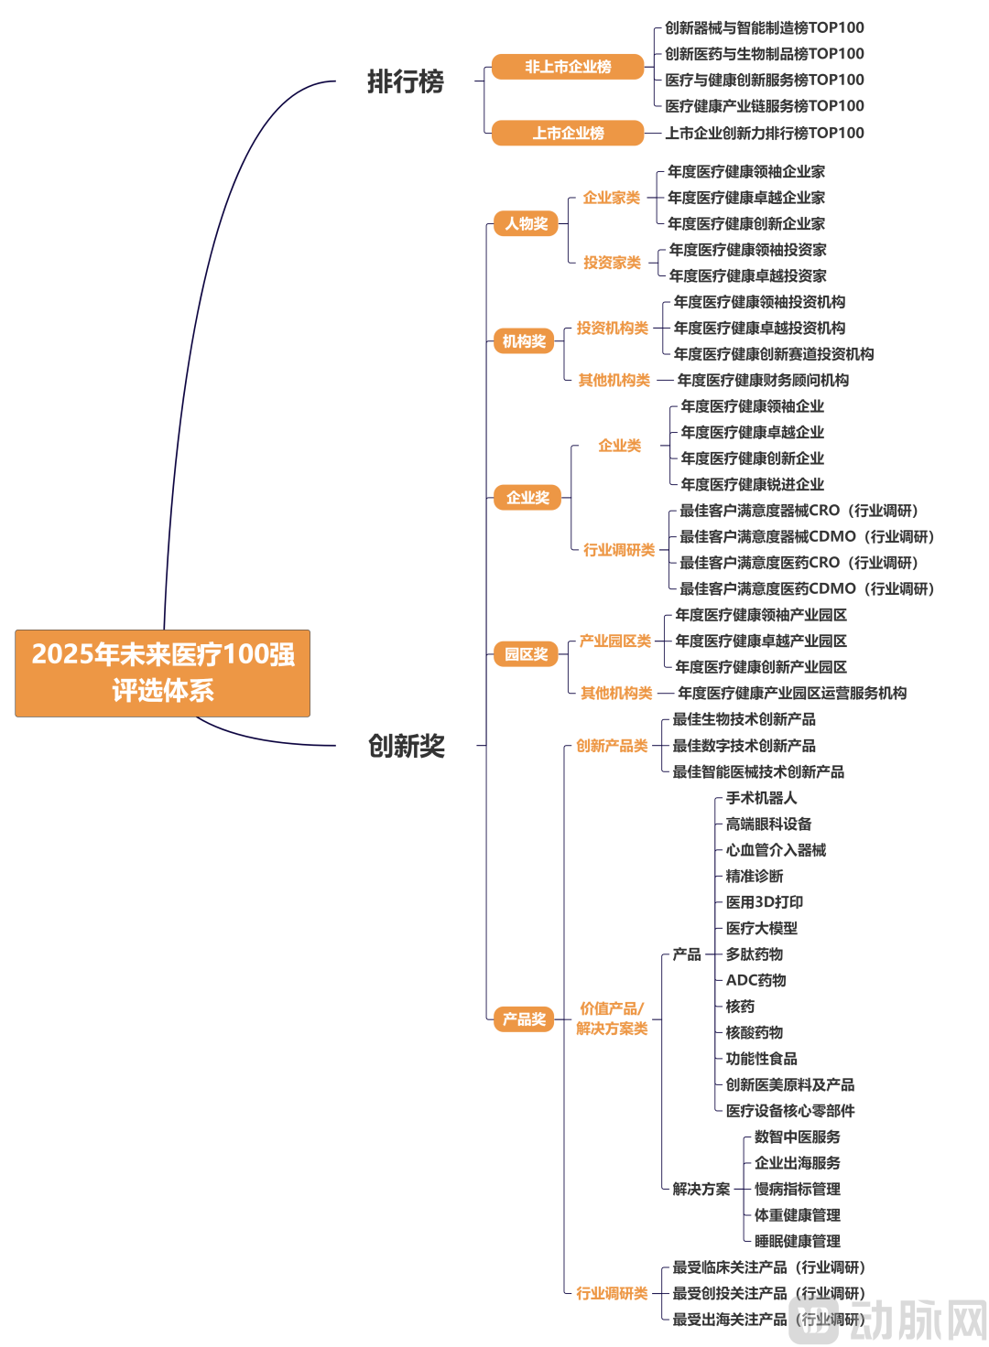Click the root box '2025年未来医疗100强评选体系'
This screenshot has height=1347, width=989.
(x=162, y=673)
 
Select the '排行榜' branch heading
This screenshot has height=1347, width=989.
(x=406, y=81)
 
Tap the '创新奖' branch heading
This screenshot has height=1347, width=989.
(x=407, y=746)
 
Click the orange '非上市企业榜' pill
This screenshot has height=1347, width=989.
(x=568, y=66)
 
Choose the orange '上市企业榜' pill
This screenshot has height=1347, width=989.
(x=568, y=133)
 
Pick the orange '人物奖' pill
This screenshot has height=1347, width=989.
(x=527, y=223)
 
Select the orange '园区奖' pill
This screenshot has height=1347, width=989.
(x=527, y=653)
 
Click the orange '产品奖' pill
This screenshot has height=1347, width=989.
(x=524, y=1018)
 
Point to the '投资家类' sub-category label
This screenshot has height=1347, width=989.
(x=612, y=263)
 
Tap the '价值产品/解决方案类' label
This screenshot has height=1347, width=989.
(x=612, y=1018)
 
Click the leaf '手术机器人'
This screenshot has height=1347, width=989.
(x=761, y=797)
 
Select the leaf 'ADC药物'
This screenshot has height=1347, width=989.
(x=755, y=980)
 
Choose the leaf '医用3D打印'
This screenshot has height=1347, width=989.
(x=764, y=902)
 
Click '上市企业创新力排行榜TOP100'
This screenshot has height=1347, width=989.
(x=765, y=133)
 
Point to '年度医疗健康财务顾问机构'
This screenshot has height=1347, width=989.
(x=763, y=380)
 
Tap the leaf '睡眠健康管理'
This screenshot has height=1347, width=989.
(x=797, y=1241)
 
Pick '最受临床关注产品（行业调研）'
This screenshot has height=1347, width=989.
(x=768, y=1267)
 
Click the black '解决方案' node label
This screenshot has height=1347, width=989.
(x=701, y=1189)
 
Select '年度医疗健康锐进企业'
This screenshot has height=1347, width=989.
(x=752, y=484)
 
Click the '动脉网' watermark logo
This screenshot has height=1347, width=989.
(x=888, y=1320)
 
